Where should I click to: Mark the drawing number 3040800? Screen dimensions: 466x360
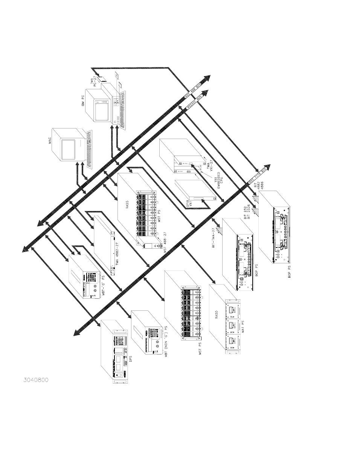tap(36, 380)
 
